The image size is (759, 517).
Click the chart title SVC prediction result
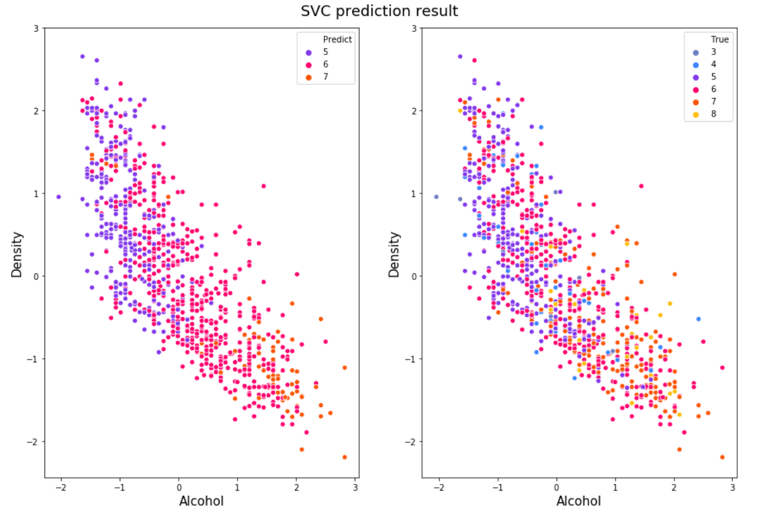tap(379, 11)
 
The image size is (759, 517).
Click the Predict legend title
tap(337, 39)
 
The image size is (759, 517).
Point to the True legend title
tap(720, 39)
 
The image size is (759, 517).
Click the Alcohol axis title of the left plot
tap(201, 501)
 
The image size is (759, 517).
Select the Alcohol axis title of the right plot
tap(578, 501)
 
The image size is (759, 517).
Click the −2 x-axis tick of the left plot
tap(61, 489)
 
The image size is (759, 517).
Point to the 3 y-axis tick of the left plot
tap(36, 28)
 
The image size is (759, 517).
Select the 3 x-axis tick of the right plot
tap(733, 489)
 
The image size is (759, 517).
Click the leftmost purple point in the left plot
tap(58, 197)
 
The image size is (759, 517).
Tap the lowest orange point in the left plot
tap(344, 457)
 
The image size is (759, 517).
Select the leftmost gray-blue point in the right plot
tap(436, 197)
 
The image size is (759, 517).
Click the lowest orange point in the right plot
tap(722, 457)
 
